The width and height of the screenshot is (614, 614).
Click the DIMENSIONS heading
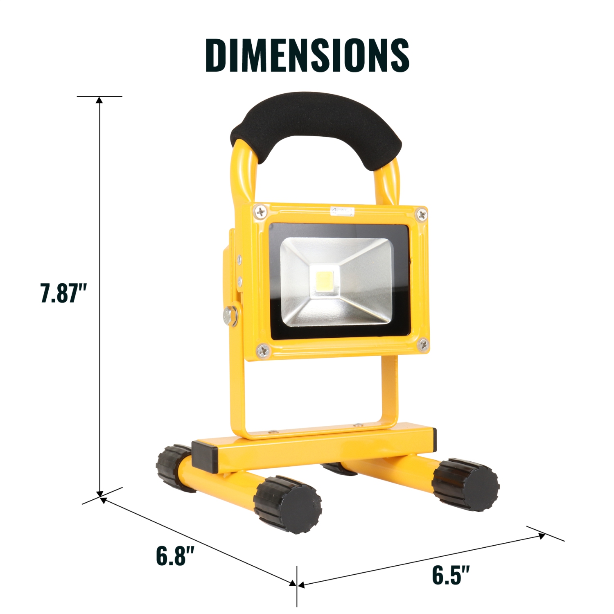pos(307,55)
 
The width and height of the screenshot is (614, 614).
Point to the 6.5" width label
pos(451,575)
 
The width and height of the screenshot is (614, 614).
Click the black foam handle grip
pos(315,123)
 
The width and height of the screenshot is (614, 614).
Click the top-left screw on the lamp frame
pos(260,212)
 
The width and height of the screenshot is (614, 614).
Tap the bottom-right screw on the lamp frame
pos(424,345)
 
